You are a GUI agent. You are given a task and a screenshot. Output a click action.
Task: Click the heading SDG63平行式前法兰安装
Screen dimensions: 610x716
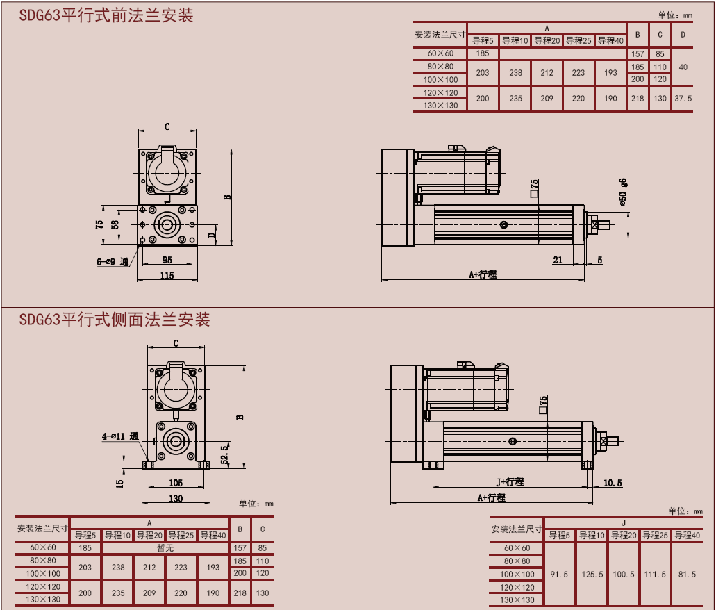[106, 15]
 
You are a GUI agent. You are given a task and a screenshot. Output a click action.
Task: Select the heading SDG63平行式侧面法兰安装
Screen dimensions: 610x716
[115, 320]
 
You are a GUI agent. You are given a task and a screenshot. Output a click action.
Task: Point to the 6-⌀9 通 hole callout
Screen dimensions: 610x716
[113, 262]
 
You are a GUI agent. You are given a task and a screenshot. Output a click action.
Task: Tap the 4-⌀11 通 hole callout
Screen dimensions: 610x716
[120, 436]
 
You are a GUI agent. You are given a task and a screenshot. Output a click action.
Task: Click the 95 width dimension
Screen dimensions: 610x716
[167, 260]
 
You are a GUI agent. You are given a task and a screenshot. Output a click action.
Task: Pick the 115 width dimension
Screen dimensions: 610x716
[167, 276]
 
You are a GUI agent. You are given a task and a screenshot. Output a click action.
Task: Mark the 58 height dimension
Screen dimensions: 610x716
[115, 224]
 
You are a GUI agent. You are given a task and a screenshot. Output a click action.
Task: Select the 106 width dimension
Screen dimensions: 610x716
[176, 483]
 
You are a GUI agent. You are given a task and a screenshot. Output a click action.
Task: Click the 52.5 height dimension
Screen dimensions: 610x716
[224, 454]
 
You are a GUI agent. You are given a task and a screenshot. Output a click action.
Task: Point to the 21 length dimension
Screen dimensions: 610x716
[558, 260]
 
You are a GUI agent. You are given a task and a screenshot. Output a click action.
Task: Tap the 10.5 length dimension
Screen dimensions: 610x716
[613, 483]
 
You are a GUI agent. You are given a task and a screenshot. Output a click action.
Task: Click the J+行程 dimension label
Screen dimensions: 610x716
[510, 481]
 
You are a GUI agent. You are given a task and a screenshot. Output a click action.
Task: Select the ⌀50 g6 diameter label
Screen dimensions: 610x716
[624, 192]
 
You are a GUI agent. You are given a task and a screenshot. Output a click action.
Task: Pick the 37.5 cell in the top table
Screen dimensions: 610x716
[683, 99]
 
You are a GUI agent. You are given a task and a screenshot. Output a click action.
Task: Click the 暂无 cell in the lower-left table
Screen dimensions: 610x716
[165, 548]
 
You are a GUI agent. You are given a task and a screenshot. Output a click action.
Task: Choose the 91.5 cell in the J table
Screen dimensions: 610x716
[559, 575]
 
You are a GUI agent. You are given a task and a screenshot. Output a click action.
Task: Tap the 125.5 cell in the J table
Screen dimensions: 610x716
[591, 575]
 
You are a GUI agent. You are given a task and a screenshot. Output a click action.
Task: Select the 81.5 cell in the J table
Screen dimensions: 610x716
[687, 575]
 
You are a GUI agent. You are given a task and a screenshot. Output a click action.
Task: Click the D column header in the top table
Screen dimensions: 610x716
[683, 35]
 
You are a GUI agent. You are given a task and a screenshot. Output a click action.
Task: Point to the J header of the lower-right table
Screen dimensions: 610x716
[623, 522]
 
